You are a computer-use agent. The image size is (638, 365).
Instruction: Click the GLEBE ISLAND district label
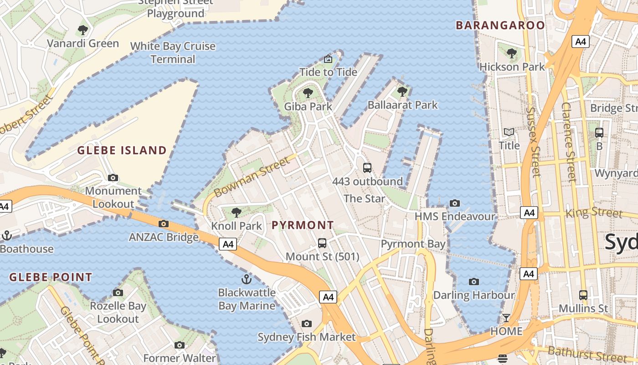(x=122, y=150)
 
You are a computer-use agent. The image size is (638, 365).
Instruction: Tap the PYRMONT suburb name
(x=303, y=225)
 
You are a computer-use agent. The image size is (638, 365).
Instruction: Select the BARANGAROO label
(x=500, y=25)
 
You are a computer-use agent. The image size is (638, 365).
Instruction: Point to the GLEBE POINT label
(x=51, y=277)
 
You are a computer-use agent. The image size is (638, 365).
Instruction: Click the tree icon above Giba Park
(x=308, y=93)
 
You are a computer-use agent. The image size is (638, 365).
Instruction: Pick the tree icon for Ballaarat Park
(x=402, y=92)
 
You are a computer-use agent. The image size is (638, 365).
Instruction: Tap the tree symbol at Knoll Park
(x=236, y=212)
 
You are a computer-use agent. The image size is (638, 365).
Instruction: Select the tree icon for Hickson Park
(x=512, y=53)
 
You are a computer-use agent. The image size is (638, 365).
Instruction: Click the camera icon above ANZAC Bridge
(x=164, y=224)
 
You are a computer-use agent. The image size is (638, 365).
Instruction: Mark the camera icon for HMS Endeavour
(x=454, y=203)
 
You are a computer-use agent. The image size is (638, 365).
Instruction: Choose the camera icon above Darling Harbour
(x=474, y=282)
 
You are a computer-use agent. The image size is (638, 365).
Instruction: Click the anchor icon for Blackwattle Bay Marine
(x=247, y=279)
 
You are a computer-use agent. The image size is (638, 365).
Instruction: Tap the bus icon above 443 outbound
(x=367, y=167)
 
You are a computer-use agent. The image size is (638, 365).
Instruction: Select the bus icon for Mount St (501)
(x=322, y=243)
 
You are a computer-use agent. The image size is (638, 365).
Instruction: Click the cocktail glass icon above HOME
(x=506, y=318)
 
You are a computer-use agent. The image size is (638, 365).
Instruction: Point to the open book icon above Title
(x=509, y=132)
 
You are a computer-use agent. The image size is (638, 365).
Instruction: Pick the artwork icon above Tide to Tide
(x=328, y=59)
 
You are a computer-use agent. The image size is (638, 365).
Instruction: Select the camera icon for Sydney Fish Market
(x=306, y=323)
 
